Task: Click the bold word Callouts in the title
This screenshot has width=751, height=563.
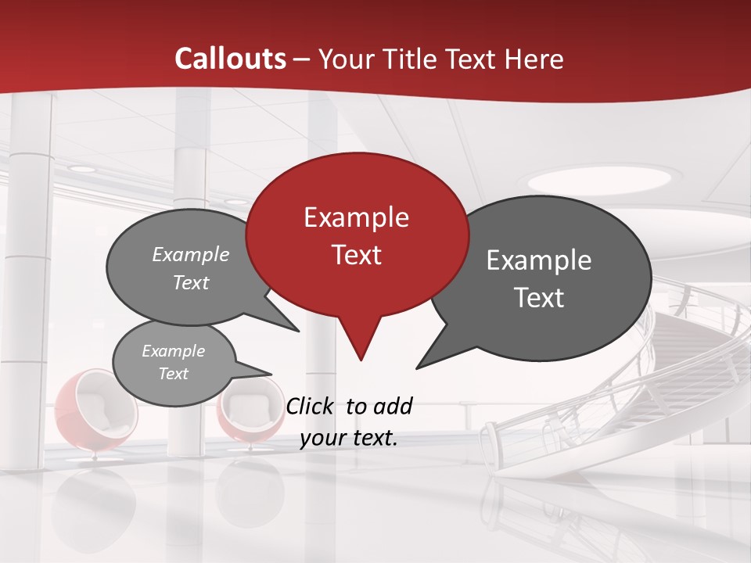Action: (x=230, y=59)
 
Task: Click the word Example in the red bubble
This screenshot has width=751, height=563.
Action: (x=356, y=217)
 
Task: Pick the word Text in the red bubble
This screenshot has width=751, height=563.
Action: (x=356, y=255)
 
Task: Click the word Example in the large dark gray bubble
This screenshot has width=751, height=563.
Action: (x=539, y=260)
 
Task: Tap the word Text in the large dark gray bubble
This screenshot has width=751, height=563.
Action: (x=539, y=298)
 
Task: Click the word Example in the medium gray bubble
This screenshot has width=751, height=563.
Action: (x=191, y=255)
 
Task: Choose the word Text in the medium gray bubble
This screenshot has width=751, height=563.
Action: (x=191, y=282)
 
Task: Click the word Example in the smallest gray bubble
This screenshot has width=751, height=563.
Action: (x=173, y=351)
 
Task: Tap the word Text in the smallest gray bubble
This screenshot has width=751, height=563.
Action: (x=173, y=374)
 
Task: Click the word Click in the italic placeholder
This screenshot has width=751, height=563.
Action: (x=311, y=406)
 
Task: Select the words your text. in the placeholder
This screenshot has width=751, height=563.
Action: (x=349, y=438)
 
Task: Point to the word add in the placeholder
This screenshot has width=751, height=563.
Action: (x=393, y=406)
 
